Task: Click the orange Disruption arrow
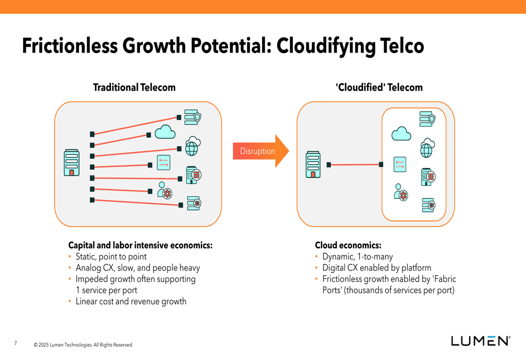pyautogui.click(x=261, y=151)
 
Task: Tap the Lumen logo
pyautogui.click(x=481, y=341)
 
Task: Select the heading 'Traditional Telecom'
pyautogui.click(x=134, y=87)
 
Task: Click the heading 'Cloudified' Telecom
pyautogui.click(x=379, y=87)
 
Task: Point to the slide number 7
pyautogui.click(x=15, y=343)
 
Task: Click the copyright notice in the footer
pyautogui.click(x=83, y=345)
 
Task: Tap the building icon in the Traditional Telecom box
pyautogui.click(x=72, y=162)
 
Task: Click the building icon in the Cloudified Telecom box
pyautogui.click(x=313, y=164)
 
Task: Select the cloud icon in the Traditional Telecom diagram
pyautogui.click(x=165, y=132)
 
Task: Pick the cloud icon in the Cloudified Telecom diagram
pyautogui.click(x=401, y=133)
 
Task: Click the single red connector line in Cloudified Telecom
pyautogui.click(x=355, y=164)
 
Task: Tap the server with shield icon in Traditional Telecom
pyautogui.click(x=193, y=117)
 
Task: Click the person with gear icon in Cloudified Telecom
pyautogui.click(x=401, y=192)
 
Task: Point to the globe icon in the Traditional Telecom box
pyautogui.click(x=193, y=146)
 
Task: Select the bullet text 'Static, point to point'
pyautogui.click(x=111, y=257)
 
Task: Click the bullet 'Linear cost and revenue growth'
pyautogui.click(x=131, y=301)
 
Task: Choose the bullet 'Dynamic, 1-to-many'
pyautogui.click(x=358, y=257)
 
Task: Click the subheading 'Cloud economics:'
pyautogui.click(x=348, y=245)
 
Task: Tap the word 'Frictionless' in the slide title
pyautogui.click(x=70, y=46)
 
